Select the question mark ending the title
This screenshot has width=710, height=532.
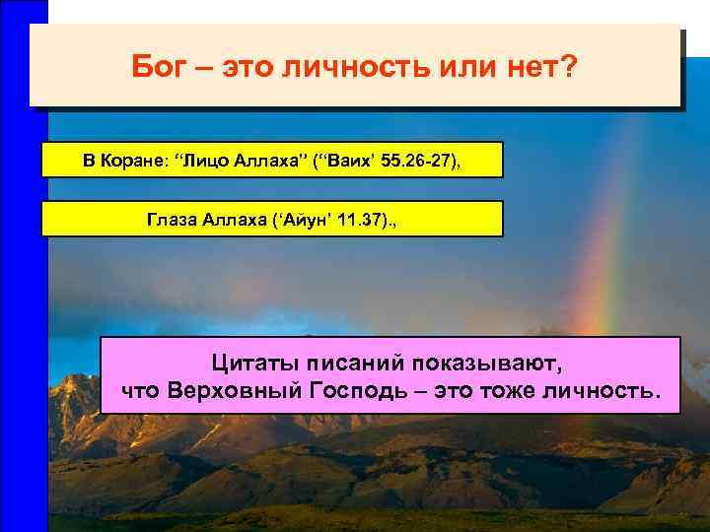569,69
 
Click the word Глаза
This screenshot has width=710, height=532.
170,220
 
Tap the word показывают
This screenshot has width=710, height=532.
493,364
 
